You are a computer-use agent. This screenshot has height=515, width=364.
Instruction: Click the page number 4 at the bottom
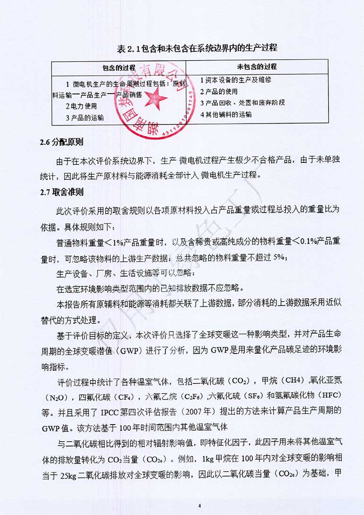pyautogui.click(x=200, y=506)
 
